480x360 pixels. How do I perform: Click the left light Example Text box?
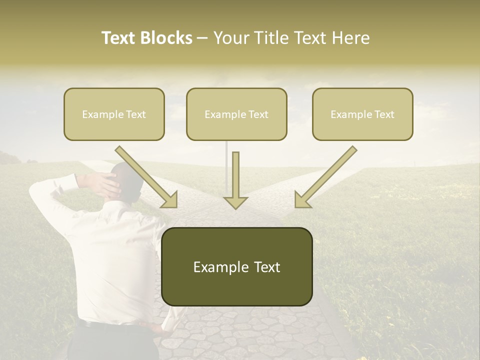point(114,114)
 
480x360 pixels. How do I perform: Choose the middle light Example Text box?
point(236,114)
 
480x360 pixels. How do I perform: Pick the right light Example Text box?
point(362,114)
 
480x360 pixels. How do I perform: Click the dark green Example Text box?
point(236,267)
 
